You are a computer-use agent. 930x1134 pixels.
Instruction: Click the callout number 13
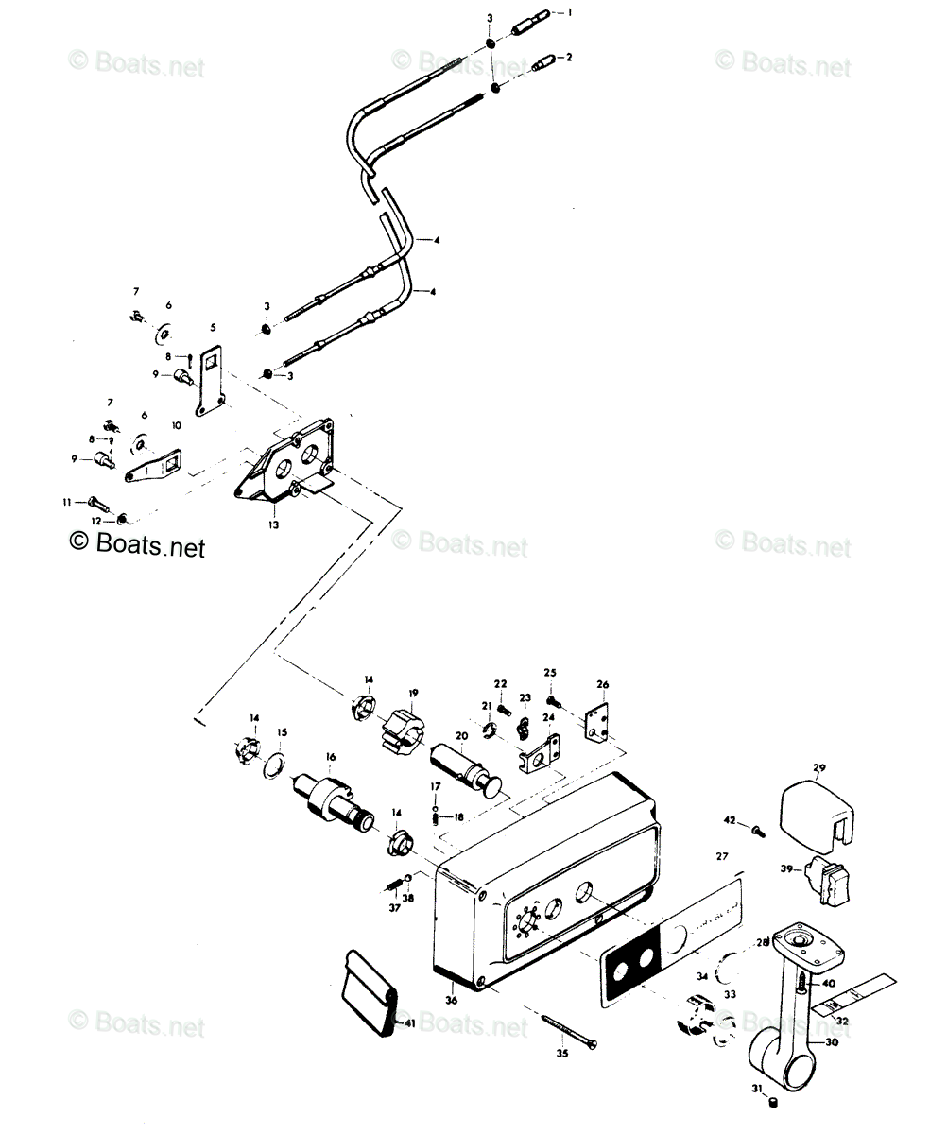pyautogui.click(x=273, y=523)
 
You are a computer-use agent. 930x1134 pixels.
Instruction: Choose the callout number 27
pyautogui.click(x=722, y=856)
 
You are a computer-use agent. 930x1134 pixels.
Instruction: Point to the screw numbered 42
pyautogui.click(x=757, y=830)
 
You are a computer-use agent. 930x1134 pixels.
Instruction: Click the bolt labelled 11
pyautogui.click(x=95, y=501)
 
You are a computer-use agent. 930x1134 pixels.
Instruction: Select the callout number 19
pyautogui.click(x=413, y=694)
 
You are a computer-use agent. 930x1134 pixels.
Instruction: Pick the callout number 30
pyautogui.click(x=833, y=1042)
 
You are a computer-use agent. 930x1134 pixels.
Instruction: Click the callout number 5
pyautogui.click(x=213, y=327)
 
